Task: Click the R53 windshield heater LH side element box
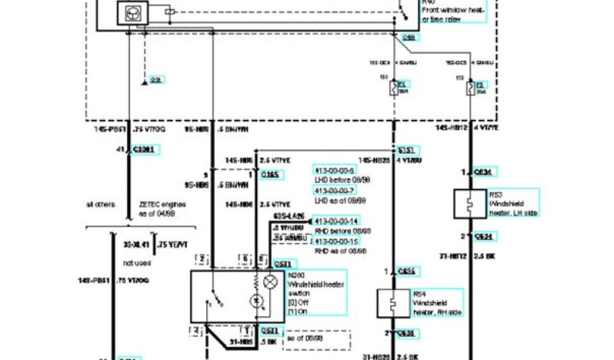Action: (x=470, y=204)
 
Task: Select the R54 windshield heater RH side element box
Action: (x=393, y=304)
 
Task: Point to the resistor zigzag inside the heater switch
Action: (x=257, y=281)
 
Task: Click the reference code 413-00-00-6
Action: (x=334, y=170)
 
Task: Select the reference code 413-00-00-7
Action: (x=334, y=190)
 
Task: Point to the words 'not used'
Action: (x=137, y=263)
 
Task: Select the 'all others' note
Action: (x=100, y=205)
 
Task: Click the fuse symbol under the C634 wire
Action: (x=471, y=89)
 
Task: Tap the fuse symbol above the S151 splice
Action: (x=394, y=89)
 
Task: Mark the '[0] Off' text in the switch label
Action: (x=297, y=302)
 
